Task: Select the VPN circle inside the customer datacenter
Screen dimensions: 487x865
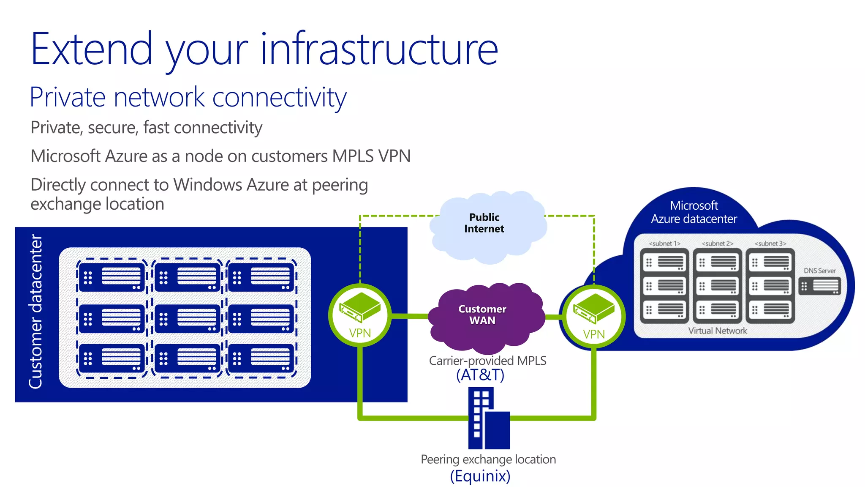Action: pyautogui.click(x=360, y=315)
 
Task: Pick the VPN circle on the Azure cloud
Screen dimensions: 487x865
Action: pyautogui.click(x=593, y=317)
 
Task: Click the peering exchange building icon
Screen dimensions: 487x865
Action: pyautogui.click(x=489, y=419)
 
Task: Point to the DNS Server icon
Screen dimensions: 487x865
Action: pyautogui.click(x=819, y=286)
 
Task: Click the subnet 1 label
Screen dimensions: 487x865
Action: pyautogui.click(x=664, y=243)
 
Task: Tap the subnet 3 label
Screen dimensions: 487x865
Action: pyautogui.click(x=770, y=243)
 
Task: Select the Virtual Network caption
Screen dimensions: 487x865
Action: pyautogui.click(x=717, y=331)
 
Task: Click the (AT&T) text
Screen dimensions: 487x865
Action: pyautogui.click(x=480, y=375)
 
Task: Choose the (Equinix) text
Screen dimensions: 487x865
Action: pyautogui.click(x=480, y=476)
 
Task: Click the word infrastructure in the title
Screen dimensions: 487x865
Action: pyautogui.click(x=379, y=49)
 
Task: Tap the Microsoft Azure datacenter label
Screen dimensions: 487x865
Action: pyautogui.click(x=694, y=212)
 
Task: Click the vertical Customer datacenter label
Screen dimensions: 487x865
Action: pyautogui.click(x=36, y=312)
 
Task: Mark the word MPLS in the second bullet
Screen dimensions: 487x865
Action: pyautogui.click(x=353, y=156)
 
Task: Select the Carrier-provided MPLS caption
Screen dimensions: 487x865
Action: pyautogui.click(x=487, y=361)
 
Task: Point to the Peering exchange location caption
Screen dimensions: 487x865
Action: pyautogui.click(x=488, y=460)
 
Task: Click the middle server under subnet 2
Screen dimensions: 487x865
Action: pyautogui.click(x=717, y=286)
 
